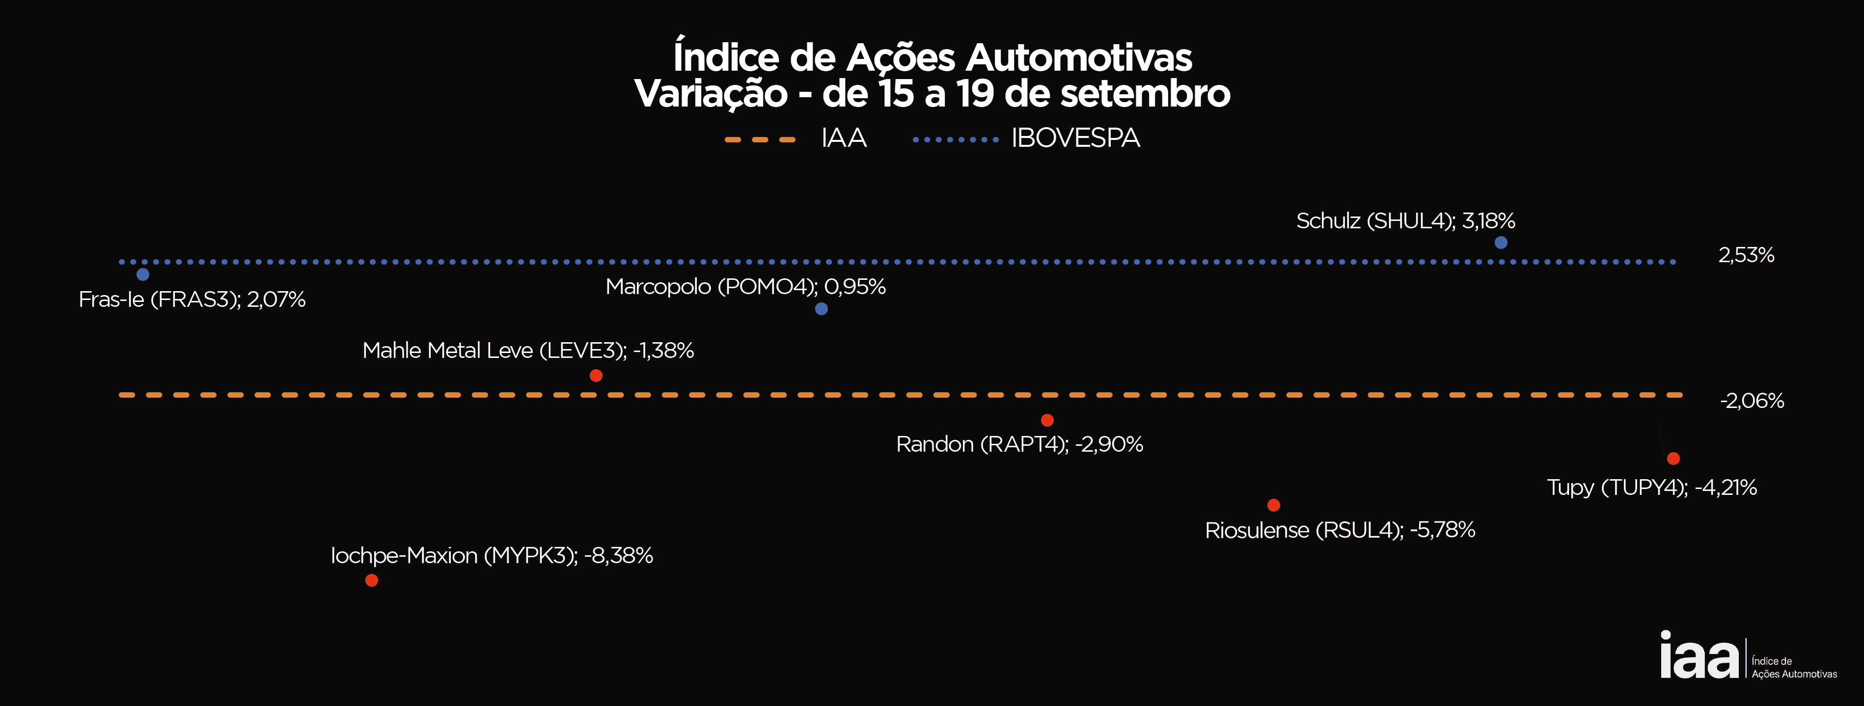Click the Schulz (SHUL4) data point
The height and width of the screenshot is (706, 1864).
click(x=1501, y=243)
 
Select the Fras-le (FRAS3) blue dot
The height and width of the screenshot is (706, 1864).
click(x=142, y=274)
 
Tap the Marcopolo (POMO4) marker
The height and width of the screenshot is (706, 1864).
click(x=822, y=309)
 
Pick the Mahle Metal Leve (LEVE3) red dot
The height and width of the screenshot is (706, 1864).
click(x=596, y=376)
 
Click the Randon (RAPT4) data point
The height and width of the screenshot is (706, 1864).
click(x=1047, y=420)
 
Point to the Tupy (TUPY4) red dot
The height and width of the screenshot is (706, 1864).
click(x=1673, y=459)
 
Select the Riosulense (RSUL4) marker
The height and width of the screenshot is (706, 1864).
click(x=1274, y=505)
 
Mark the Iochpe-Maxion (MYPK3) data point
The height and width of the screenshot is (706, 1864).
click(x=371, y=580)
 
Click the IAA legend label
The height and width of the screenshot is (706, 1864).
click(x=844, y=138)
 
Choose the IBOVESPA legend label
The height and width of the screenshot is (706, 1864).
click(x=1075, y=138)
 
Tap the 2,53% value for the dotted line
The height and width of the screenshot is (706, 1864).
click(x=1746, y=255)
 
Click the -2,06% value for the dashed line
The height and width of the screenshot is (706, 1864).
click(x=1752, y=401)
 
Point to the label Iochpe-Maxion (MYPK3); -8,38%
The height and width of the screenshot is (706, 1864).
click(x=492, y=556)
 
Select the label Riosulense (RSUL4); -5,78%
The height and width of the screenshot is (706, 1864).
click(x=1340, y=530)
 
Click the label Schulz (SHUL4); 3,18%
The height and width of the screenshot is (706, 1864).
click(x=1405, y=220)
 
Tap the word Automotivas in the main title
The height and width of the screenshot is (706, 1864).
click(x=1078, y=58)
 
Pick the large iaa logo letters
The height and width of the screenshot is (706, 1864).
click(x=1699, y=655)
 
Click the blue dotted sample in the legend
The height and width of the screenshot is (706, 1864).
click(x=955, y=139)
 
